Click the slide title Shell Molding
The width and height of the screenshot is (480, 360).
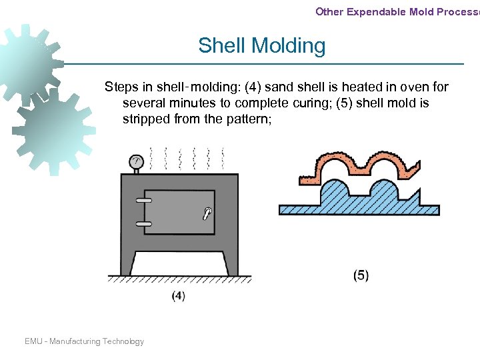[x=261, y=46]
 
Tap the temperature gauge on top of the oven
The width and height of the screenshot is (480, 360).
[x=136, y=161]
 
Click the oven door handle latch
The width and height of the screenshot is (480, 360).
[x=207, y=213]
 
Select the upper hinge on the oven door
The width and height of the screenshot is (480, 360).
[x=144, y=200]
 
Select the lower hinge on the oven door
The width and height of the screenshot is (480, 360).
[x=144, y=223]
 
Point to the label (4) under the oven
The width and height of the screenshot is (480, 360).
[x=178, y=295]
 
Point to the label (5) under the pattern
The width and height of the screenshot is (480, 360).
[x=361, y=275]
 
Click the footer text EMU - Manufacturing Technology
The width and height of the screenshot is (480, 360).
[x=84, y=341]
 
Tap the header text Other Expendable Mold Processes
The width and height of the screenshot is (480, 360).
[x=397, y=11]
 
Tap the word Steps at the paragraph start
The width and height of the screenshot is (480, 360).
[x=121, y=87]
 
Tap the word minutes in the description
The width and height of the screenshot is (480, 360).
[x=191, y=103]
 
